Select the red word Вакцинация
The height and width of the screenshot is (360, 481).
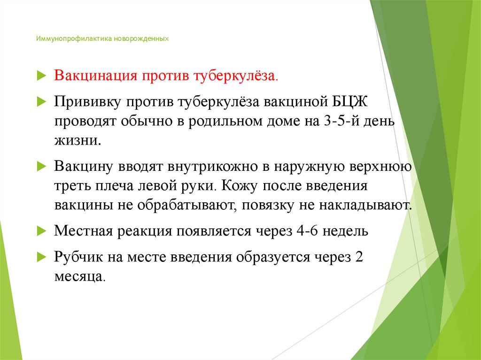[x=93, y=76]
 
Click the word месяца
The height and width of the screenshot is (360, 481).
[x=78, y=276]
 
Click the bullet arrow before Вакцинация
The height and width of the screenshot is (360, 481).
[x=40, y=76]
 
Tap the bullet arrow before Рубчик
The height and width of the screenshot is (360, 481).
[x=40, y=258]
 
